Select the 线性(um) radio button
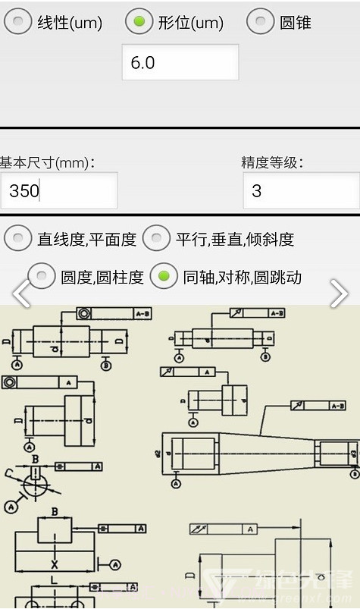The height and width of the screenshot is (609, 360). tap(18, 22)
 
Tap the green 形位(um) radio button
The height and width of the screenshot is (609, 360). tap(139, 22)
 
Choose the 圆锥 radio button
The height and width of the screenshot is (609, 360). tap(260, 22)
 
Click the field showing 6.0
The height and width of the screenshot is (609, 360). tap(180, 62)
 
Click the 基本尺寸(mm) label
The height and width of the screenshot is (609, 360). tap(47, 162)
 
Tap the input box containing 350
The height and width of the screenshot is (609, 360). tap(58, 190)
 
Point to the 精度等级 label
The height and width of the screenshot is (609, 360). tap(272, 162)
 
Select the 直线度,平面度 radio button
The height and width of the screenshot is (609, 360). tap(18, 239)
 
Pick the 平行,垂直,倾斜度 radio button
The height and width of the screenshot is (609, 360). tap(157, 239)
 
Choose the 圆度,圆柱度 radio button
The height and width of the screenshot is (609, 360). tap(42, 277)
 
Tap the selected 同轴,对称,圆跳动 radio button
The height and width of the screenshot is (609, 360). tap(164, 277)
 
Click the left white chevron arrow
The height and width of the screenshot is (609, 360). tap(20, 294)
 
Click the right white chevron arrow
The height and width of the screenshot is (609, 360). tap(339, 294)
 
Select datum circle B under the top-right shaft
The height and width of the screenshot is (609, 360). tap(265, 356)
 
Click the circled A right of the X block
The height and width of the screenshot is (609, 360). tap(115, 563)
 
